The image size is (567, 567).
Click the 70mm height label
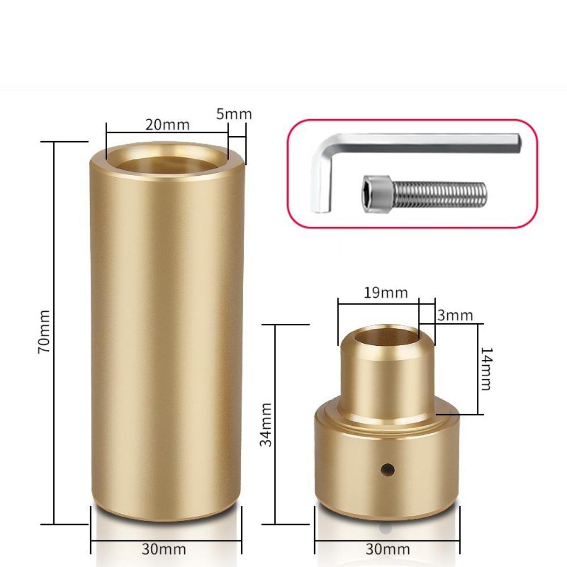click(x=44, y=332)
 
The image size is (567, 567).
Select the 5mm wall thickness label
click(x=234, y=113)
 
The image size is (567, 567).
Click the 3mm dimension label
click(x=455, y=315)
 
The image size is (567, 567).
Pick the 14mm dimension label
click(x=485, y=369)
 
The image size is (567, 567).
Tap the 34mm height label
click(x=265, y=424)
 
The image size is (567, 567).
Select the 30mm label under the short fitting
click(x=388, y=549)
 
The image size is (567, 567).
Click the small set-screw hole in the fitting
click(x=388, y=469)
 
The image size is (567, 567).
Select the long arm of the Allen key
click(x=425, y=142)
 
